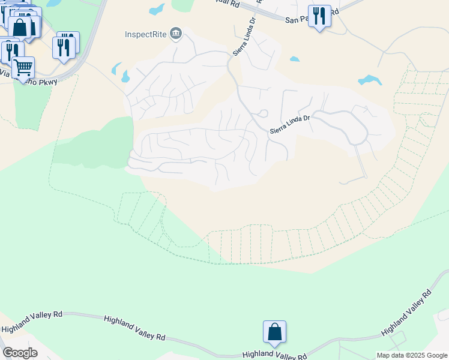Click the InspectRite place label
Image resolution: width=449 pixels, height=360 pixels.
pos(146,34)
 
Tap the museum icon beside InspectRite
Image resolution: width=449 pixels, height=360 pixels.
pos(176,33)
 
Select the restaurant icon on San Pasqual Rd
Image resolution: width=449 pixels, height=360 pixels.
pos(319,16)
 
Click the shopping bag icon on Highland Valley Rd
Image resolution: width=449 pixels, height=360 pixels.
pos(274,332)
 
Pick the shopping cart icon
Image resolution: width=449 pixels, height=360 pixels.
pos(23,67)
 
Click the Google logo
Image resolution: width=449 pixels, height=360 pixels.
pos(19,353)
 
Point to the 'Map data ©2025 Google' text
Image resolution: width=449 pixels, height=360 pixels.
pos(412,355)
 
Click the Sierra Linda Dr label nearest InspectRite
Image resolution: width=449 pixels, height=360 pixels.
pos(240,38)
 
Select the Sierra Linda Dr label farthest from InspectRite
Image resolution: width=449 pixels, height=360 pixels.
pos(289,124)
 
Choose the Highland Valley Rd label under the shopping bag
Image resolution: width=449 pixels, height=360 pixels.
pos(273,355)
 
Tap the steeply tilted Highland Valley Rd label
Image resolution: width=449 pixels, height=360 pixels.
pos(406,313)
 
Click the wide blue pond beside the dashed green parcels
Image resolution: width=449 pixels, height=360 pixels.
pos(369,80)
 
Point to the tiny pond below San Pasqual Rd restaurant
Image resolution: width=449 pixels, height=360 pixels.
pos(294,59)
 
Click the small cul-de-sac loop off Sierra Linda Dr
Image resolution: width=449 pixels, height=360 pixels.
pos(262,113)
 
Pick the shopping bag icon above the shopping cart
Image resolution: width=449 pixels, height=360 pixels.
pos(20,27)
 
